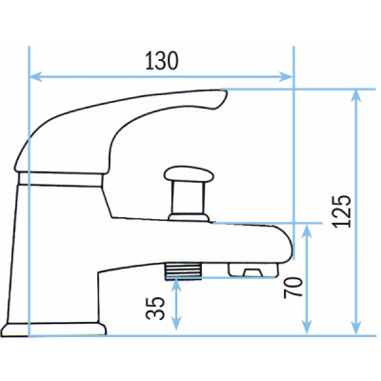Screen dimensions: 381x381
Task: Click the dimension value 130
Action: click(160, 61)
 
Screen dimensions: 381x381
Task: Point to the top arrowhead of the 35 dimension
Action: click(175, 285)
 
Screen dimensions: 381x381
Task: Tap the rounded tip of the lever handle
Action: click(221, 99)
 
